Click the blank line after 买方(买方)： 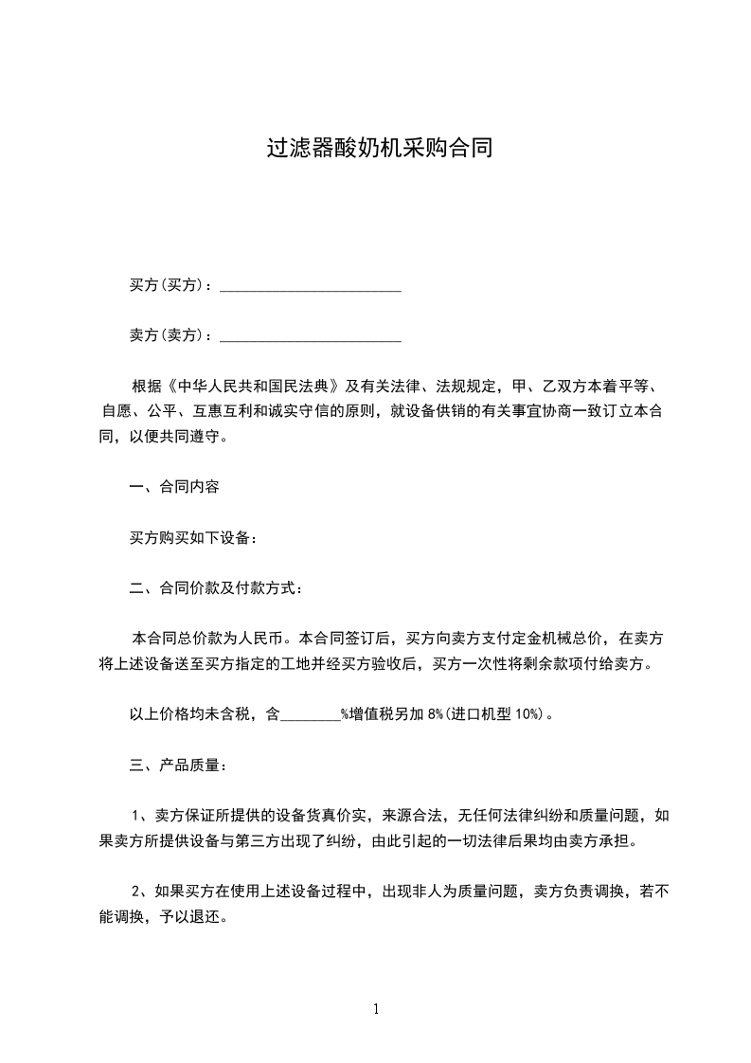point(311,286)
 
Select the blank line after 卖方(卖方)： point(311,336)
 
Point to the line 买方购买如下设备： point(193,538)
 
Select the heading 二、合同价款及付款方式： point(216,588)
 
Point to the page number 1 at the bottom point(376,1009)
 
